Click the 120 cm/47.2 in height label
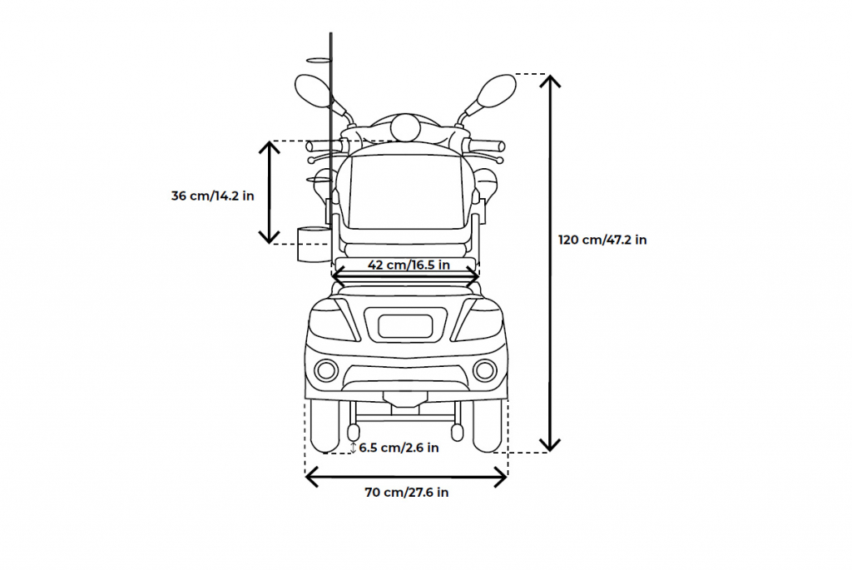pyautogui.click(x=602, y=240)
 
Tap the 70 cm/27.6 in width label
pyautogui.click(x=406, y=493)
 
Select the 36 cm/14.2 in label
pyautogui.click(x=212, y=196)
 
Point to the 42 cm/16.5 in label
pyautogui.click(x=409, y=265)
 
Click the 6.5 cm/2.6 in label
pyautogui.click(x=399, y=448)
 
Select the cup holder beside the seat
pyautogui.click(x=314, y=244)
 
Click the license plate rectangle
pyautogui.click(x=405, y=326)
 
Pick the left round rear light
pyautogui.click(x=326, y=370)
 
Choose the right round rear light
pyautogui.click(x=485, y=370)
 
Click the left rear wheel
pyautogui.click(x=324, y=427)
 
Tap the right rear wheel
pyautogui.click(x=487, y=427)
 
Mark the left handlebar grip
pyautogui.click(x=324, y=146)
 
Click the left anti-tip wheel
pyautogui.click(x=353, y=433)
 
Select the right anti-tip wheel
pyautogui.click(x=457, y=433)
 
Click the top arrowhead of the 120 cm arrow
pyautogui.click(x=551, y=81)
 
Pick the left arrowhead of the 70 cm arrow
pyautogui.click(x=311, y=478)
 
